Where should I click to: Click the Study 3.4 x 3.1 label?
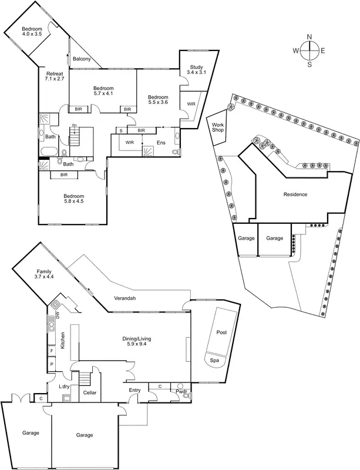click(194, 69)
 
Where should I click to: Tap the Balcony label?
click(82, 59)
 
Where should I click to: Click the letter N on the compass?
click(310, 37)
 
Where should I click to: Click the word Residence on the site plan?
click(295, 194)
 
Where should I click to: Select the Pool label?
click(221, 332)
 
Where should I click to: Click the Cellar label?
click(90, 392)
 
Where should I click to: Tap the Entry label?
click(134, 390)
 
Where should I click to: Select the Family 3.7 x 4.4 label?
click(44, 274)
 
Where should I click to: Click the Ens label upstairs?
click(160, 142)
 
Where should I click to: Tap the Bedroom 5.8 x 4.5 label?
click(74, 199)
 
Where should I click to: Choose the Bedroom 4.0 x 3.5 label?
click(32, 32)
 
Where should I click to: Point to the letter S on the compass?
click(310, 65)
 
